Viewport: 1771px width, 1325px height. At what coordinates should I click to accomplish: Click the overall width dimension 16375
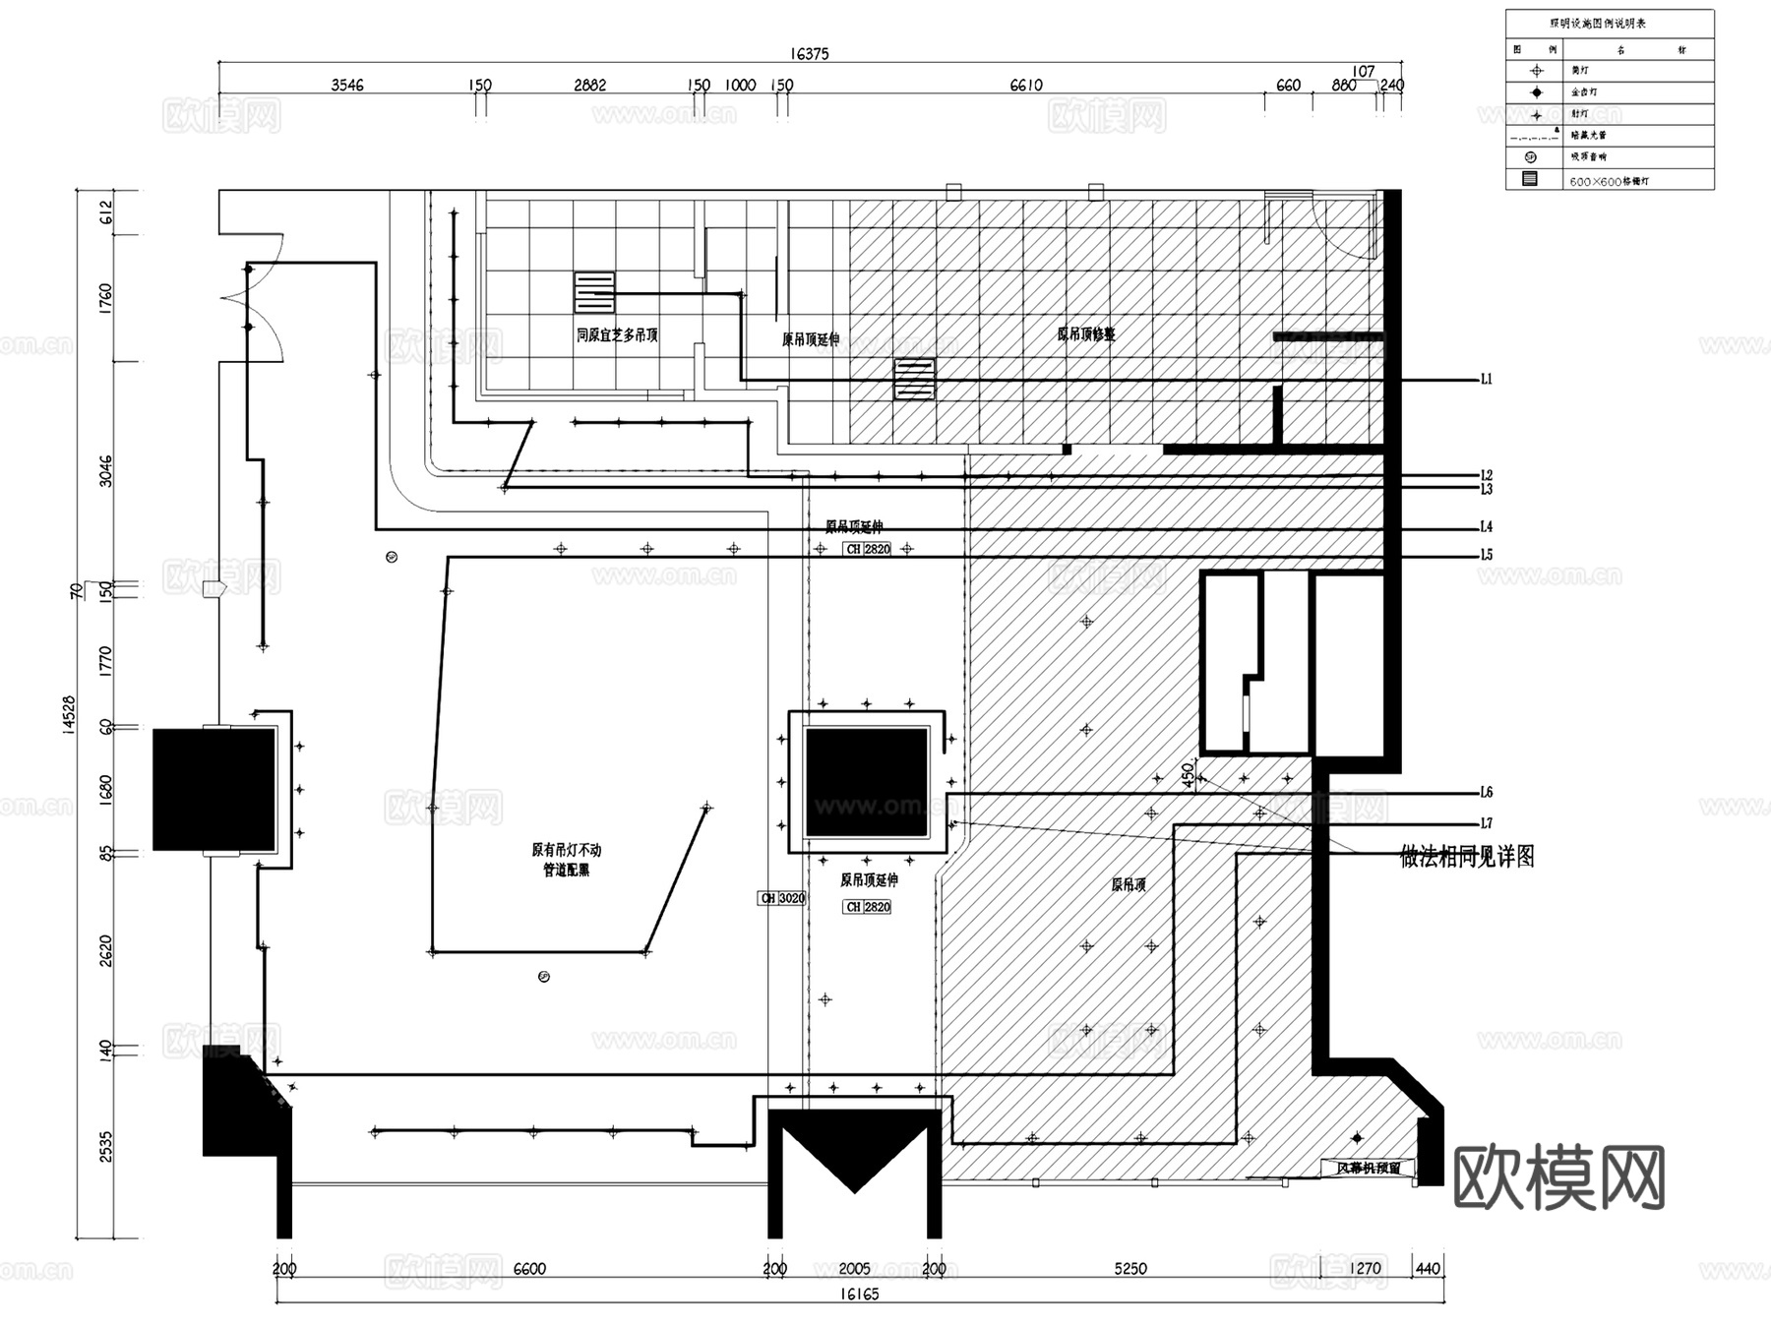click(x=809, y=54)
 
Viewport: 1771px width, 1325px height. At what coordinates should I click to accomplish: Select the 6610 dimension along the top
click(x=1025, y=86)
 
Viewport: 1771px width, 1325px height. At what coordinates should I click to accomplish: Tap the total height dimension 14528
click(x=68, y=714)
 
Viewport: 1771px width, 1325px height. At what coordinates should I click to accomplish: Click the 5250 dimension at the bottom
click(x=1130, y=1269)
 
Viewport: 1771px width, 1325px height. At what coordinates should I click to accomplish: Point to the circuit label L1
click(x=1486, y=379)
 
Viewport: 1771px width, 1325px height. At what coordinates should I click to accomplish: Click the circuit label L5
click(x=1486, y=555)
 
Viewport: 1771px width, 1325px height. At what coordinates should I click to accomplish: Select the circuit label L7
click(x=1486, y=823)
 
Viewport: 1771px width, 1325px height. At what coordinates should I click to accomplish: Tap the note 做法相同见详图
click(x=1466, y=857)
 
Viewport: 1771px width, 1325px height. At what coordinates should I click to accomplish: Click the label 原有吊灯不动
click(x=566, y=850)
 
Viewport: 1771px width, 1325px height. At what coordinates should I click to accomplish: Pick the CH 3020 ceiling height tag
click(x=782, y=898)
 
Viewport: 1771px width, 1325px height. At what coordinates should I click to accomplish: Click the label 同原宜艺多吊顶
click(x=617, y=335)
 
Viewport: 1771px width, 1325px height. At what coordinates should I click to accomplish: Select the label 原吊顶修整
click(x=1086, y=334)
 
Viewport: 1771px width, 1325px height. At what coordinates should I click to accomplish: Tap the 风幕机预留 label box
click(x=1368, y=1169)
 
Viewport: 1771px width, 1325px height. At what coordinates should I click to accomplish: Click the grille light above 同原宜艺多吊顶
click(x=594, y=292)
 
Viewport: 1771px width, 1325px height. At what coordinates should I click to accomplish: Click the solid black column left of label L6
click(x=866, y=782)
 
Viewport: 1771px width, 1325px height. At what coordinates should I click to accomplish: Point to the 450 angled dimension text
click(x=1189, y=774)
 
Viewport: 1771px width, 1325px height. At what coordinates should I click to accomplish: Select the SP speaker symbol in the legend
click(x=1530, y=157)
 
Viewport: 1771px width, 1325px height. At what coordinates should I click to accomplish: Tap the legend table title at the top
click(x=1611, y=24)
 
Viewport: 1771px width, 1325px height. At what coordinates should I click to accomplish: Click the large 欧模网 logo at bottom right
click(x=1558, y=1176)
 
